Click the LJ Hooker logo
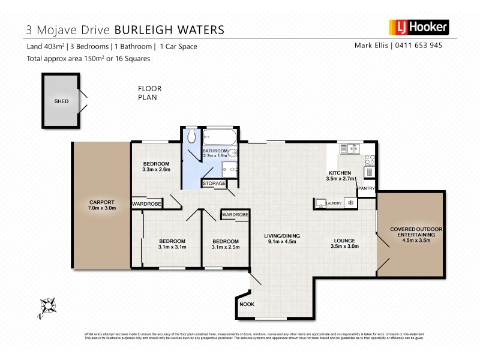coord(419,28)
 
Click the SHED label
coord(61,101)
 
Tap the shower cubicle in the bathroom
coord(230,168)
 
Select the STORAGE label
coord(214,183)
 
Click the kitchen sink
coord(347,151)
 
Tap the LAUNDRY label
coord(334,204)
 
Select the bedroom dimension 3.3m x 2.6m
coord(156,170)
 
